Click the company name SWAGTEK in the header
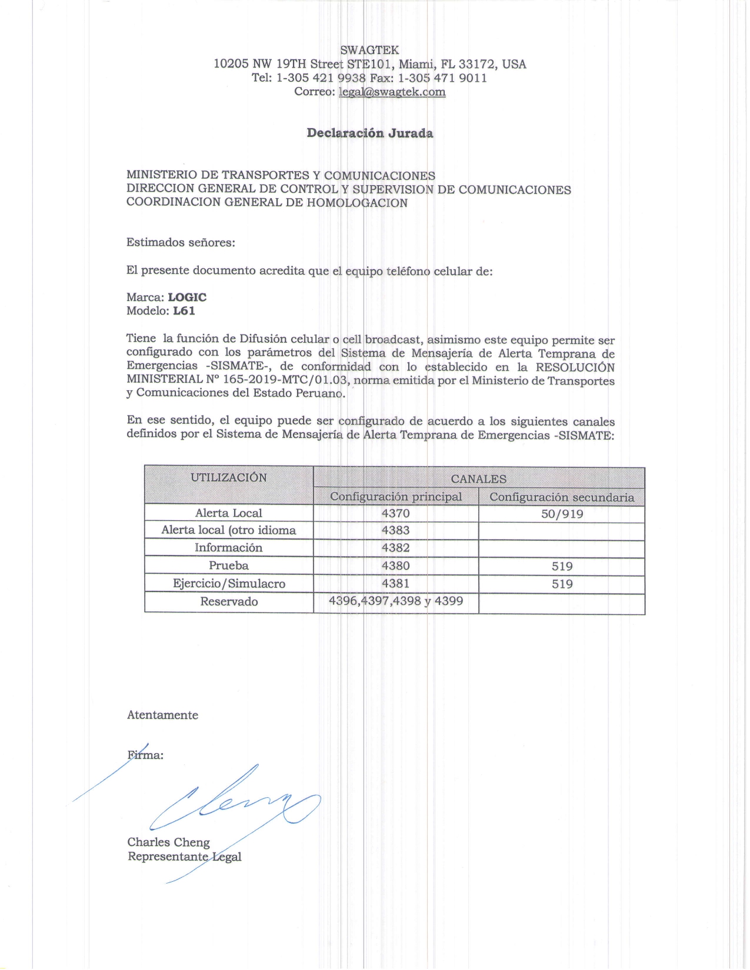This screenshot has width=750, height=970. click(x=369, y=50)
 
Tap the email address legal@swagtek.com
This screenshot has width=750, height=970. click(x=392, y=92)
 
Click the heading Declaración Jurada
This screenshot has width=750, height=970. click(x=369, y=133)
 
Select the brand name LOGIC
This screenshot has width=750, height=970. click(x=187, y=297)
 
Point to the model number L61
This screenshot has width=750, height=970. click(x=184, y=311)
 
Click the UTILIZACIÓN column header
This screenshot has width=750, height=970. click(x=228, y=477)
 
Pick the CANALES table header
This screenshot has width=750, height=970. click(x=478, y=479)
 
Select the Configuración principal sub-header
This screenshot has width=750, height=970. click(x=395, y=497)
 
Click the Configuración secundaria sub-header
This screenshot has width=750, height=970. click(x=562, y=497)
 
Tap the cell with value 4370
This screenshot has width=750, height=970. click(x=395, y=513)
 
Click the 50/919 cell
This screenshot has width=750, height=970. click(x=562, y=514)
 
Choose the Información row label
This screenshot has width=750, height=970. click(x=228, y=548)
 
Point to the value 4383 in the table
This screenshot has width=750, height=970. click(x=395, y=530)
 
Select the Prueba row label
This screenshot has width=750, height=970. click(x=228, y=566)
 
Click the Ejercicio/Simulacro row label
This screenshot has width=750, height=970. click(x=228, y=584)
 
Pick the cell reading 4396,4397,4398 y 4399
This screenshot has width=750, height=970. click(x=395, y=601)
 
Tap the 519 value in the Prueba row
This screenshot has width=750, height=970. click(x=562, y=566)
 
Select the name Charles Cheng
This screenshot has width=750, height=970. click(x=168, y=842)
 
